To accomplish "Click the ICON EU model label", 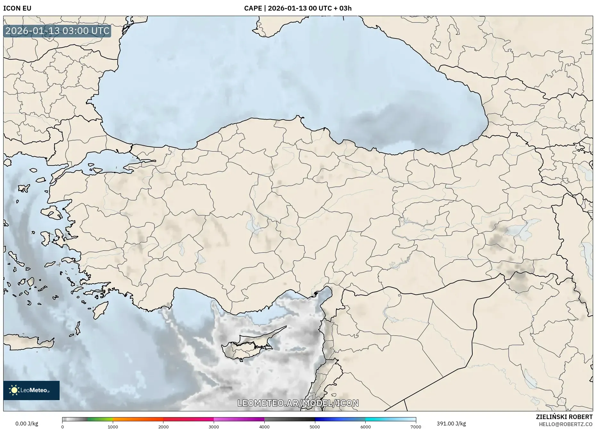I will (17, 8).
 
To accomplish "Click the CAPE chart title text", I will (298, 8).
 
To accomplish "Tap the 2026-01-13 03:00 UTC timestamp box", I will (57, 31).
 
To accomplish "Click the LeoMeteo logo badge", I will (31, 390).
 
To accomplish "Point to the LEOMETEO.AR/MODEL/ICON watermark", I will (298, 403).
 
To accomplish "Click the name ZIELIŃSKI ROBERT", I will (564, 417).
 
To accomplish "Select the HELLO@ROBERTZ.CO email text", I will (565, 424).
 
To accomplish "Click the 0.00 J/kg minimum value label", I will (27, 424).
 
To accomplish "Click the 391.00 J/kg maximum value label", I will (451, 424).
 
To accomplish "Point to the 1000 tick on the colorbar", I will (113, 426).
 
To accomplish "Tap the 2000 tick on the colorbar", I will (163, 426).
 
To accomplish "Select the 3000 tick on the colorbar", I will (214, 426).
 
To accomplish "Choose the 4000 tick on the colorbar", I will (264, 426).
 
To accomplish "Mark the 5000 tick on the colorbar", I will (315, 426).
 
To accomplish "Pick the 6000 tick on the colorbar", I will (365, 426).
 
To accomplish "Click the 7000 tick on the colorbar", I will (416, 426).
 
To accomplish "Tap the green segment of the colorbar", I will (100, 419).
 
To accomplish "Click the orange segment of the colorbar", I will (138, 419).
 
